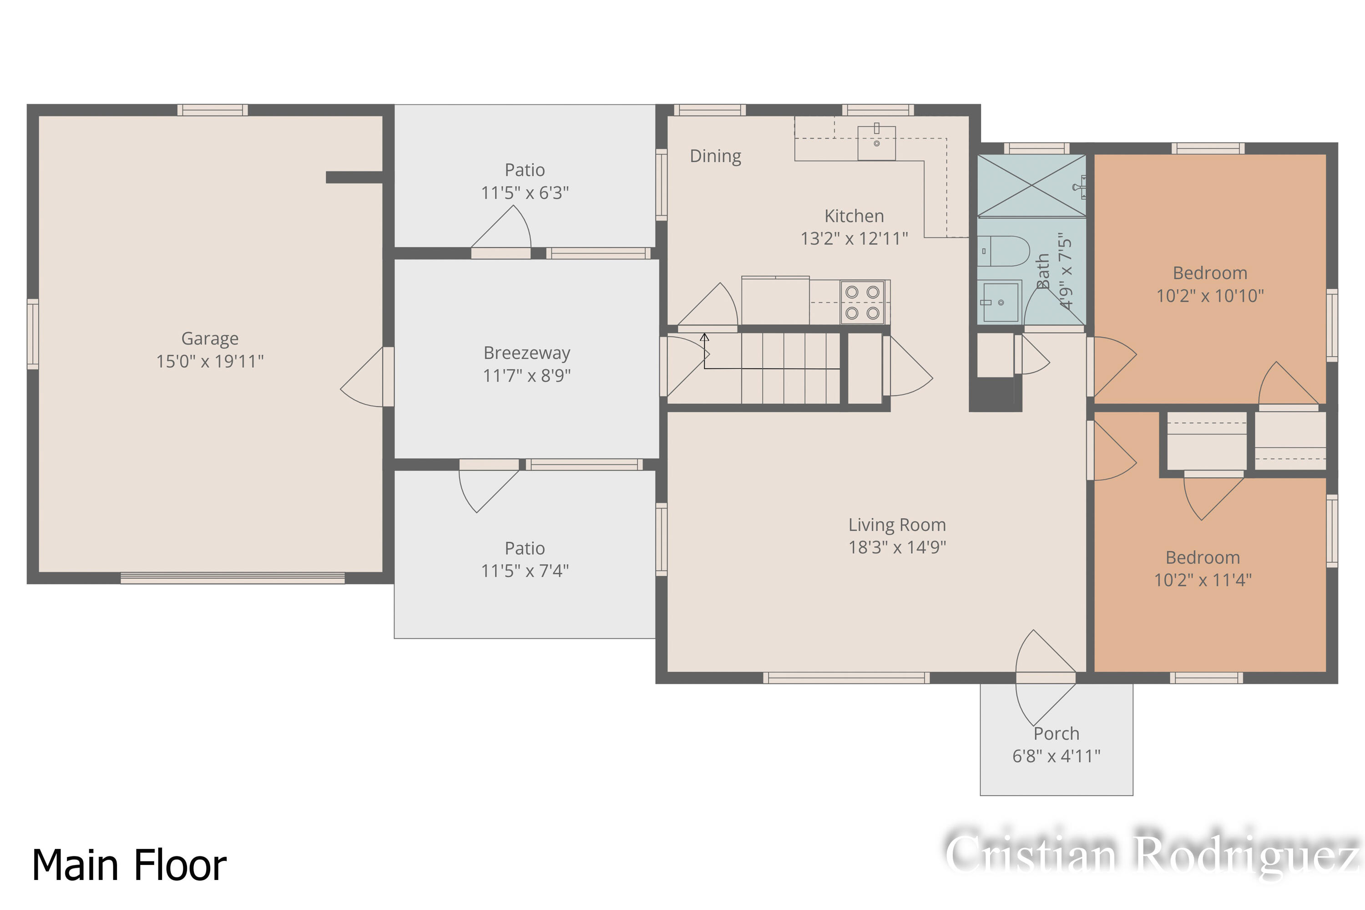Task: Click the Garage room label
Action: pyautogui.click(x=209, y=339)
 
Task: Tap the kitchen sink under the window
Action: pyautogui.click(x=876, y=143)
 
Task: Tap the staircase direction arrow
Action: pyautogui.click(x=704, y=338)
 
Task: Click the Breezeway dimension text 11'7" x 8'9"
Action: pyautogui.click(x=526, y=375)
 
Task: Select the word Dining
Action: pyautogui.click(x=715, y=156)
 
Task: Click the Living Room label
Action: pyautogui.click(x=897, y=525)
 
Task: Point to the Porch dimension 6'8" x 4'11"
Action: pyautogui.click(x=1056, y=756)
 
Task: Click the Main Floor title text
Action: pyautogui.click(x=129, y=865)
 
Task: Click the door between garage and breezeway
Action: pyautogui.click(x=388, y=377)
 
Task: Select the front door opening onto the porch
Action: pyautogui.click(x=1046, y=677)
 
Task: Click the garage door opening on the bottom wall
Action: pyautogui.click(x=232, y=577)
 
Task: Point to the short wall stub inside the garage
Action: pyautogui.click(x=354, y=177)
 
